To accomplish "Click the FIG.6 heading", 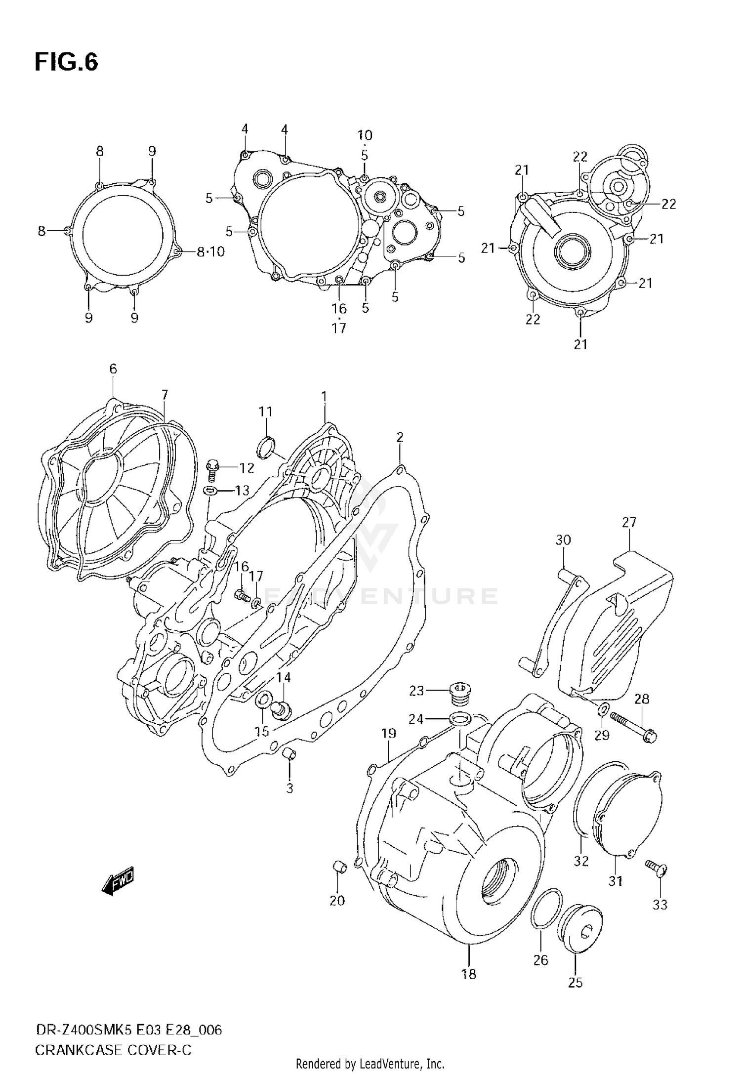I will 66,63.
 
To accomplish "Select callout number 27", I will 629,522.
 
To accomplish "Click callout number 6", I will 113,369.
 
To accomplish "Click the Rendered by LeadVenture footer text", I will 370,1063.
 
